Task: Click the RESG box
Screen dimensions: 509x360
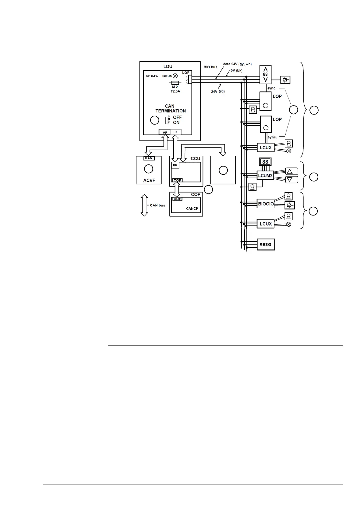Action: pyautogui.click(x=266, y=245)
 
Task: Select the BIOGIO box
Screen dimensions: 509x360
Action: pyautogui.click(x=266, y=204)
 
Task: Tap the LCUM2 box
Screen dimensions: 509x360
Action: pyautogui.click(x=265, y=175)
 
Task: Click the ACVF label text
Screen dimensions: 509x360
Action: pyautogui.click(x=149, y=180)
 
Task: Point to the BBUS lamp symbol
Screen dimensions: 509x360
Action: pyautogui.click(x=175, y=76)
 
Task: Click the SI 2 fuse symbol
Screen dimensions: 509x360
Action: pyautogui.click(x=175, y=83)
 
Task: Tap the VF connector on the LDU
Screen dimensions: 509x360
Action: pyautogui.click(x=165, y=132)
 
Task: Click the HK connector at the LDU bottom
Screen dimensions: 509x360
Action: pyautogui.click(x=175, y=132)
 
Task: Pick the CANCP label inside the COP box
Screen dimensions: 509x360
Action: pyautogui.click(x=192, y=209)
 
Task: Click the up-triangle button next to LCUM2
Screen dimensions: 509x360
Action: pyautogui.click(x=292, y=171)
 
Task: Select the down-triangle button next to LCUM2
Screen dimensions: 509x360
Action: pyautogui.click(x=292, y=180)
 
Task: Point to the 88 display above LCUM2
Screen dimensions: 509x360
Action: pyautogui.click(x=265, y=162)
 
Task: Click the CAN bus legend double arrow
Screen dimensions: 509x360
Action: pyautogui.click(x=144, y=205)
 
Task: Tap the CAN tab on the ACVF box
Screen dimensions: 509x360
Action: pyautogui.click(x=149, y=158)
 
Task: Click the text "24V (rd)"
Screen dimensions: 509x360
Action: pyautogui.click(x=218, y=91)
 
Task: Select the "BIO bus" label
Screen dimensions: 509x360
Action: pyautogui.click(x=210, y=67)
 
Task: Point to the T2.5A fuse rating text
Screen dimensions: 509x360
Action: pyautogui.click(x=175, y=91)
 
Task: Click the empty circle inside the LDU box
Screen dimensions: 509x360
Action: pyautogui.click(x=155, y=120)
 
